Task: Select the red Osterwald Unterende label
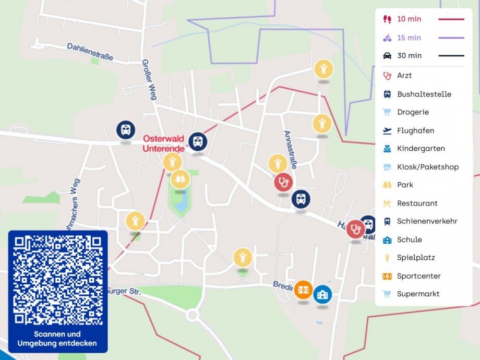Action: coord(164,143)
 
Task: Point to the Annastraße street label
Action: coord(290,149)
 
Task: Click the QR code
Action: coord(58,280)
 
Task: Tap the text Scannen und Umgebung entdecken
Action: coord(57,339)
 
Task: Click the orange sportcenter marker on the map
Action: coord(303,290)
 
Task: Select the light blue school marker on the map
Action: coord(322,294)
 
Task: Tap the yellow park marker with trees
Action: coord(180,179)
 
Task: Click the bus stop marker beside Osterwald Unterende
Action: coord(198,141)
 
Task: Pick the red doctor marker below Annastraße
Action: coord(283,182)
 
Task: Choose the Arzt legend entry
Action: coord(404,76)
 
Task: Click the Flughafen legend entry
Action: coord(415,130)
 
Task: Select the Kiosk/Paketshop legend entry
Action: coord(427,167)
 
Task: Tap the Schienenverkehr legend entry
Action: coord(427,221)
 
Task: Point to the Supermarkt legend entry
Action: coord(418,294)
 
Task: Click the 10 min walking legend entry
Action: coord(409,19)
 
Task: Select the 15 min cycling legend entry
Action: coord(409,38)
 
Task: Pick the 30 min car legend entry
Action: coord(409,56)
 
